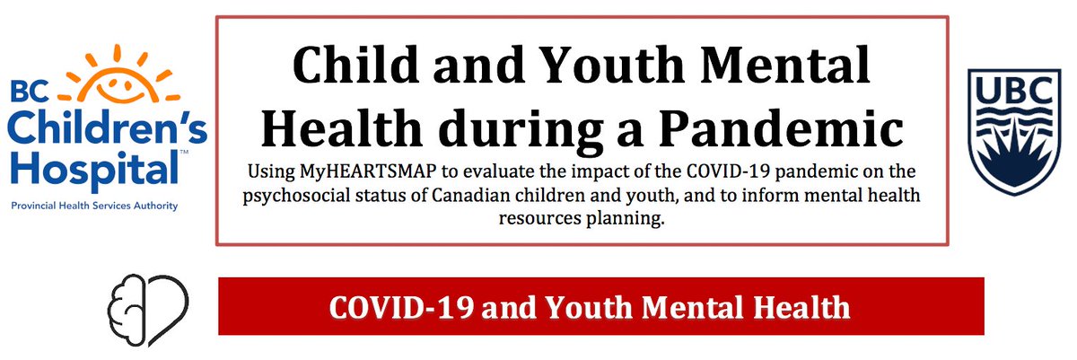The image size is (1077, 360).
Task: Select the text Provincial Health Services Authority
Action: [x=95, y=206]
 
